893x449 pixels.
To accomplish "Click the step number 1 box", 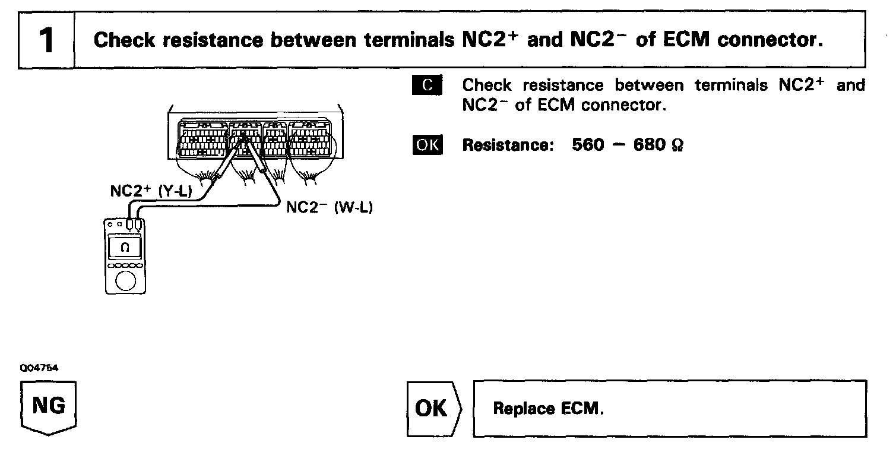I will (x=46, y=40).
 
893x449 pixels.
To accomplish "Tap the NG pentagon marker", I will (x=49, y=408).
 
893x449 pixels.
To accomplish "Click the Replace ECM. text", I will (x=549, y=409).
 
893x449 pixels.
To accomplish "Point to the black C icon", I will (x=427, y=86).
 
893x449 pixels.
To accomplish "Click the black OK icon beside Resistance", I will (x=427, y=145).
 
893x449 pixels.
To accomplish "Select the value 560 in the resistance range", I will (x=588, y=145).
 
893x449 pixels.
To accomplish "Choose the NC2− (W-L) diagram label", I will (x=330, y=207).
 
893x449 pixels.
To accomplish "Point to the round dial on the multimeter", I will (x=125, y=280).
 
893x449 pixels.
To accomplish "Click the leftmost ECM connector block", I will (x=202, y=140).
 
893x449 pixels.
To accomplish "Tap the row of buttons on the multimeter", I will (x=125, y=265).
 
